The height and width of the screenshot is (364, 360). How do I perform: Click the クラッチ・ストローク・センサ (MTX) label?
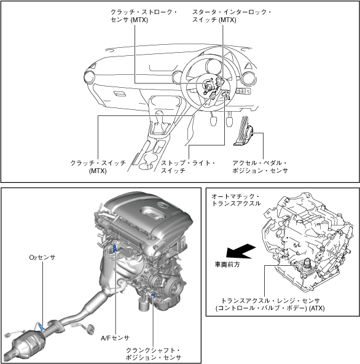coord(143,16)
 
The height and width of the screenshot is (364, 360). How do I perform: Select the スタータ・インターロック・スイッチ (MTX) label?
coord(231,16)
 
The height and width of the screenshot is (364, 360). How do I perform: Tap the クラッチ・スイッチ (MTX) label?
coord(98,167)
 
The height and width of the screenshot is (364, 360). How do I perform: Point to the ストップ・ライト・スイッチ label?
coord(188,167)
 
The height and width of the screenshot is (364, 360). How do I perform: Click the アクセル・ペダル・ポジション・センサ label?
coord(260,167)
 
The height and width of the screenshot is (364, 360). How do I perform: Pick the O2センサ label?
coord(42,257)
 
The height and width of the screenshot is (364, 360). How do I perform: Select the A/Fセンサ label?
coord(115,338)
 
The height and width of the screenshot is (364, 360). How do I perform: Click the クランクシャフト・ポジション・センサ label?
coord(153,354)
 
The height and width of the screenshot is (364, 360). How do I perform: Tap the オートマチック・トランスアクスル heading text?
coord(236,200)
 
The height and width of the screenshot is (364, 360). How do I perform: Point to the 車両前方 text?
coord(227,265)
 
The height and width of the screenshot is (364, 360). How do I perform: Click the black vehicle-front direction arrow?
coord(241,252)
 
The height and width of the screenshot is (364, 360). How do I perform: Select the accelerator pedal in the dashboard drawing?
coord(243,131)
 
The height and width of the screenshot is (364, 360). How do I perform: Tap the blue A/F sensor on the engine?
coord(115,248)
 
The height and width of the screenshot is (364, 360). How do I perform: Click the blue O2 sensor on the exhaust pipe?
coord(41,327)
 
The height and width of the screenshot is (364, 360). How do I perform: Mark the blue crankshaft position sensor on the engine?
coord(153,295)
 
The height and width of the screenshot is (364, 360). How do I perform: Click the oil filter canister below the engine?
coord(144,304)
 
